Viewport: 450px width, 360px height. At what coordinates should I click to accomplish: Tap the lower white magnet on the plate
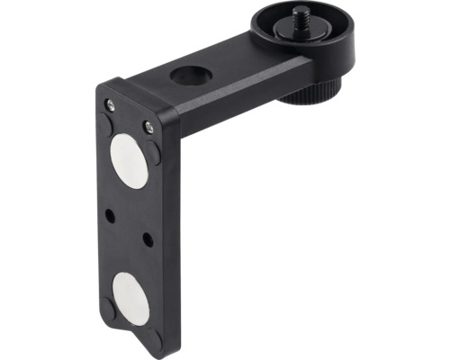click(130, 297)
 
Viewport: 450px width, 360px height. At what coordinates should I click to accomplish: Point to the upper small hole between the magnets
click(109, 215)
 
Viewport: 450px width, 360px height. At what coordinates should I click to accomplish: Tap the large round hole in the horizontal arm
click(190, 76)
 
